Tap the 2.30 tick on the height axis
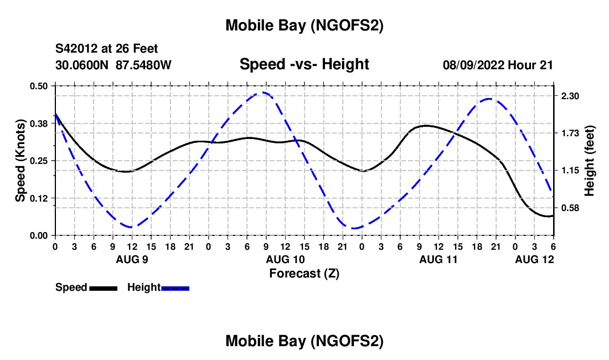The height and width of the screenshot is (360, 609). pos(570,96)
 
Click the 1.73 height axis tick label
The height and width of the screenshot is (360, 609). pos(570,133)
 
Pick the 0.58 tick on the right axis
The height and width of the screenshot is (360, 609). pos(570,208)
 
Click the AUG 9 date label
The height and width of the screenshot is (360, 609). pos(132,259)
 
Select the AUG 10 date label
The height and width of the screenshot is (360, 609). pos(285,259)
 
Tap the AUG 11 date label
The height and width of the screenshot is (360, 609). pos(438,259)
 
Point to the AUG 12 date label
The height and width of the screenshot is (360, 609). pos(534,259)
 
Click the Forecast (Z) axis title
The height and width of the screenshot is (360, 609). pos(304,273)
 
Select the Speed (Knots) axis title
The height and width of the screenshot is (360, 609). pos(20,160)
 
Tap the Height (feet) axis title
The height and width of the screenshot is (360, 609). pos(590,160)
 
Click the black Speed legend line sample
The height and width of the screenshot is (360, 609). pos(103,288)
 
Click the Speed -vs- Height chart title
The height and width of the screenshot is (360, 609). pos(304,64)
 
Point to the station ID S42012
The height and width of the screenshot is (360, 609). pos(80,49)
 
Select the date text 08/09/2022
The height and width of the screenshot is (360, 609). pos(472,65)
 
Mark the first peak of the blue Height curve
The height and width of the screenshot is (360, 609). pos(264,92)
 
